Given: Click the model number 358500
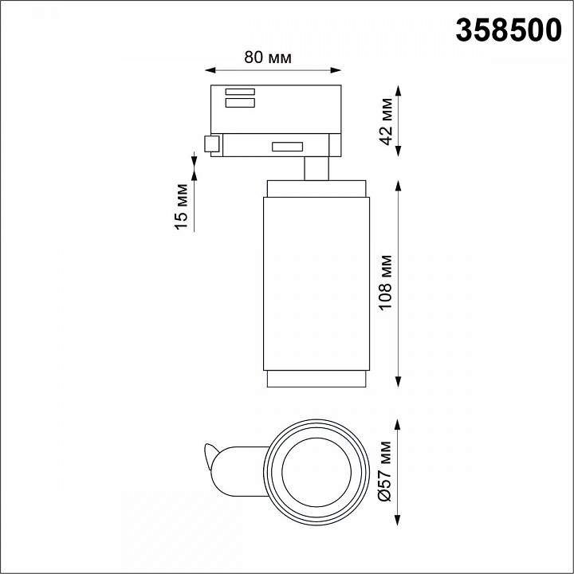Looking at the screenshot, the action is (x=509, y=30).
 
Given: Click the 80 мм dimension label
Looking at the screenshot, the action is (x=268, y=57).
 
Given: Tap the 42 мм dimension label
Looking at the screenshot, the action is (x=386, y=121).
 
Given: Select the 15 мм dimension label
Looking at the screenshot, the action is (x=181, y=206).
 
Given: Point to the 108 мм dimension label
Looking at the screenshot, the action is (x=386, y=283).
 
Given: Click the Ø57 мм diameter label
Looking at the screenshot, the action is (x=386, y=471).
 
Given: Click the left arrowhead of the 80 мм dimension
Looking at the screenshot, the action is (x=210, y=70).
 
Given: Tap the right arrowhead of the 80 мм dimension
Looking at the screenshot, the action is (x=336, y=70).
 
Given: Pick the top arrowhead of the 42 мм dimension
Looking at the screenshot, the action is (x=399, y=90).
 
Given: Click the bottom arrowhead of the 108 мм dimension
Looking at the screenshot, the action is (x=399, y=382).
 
